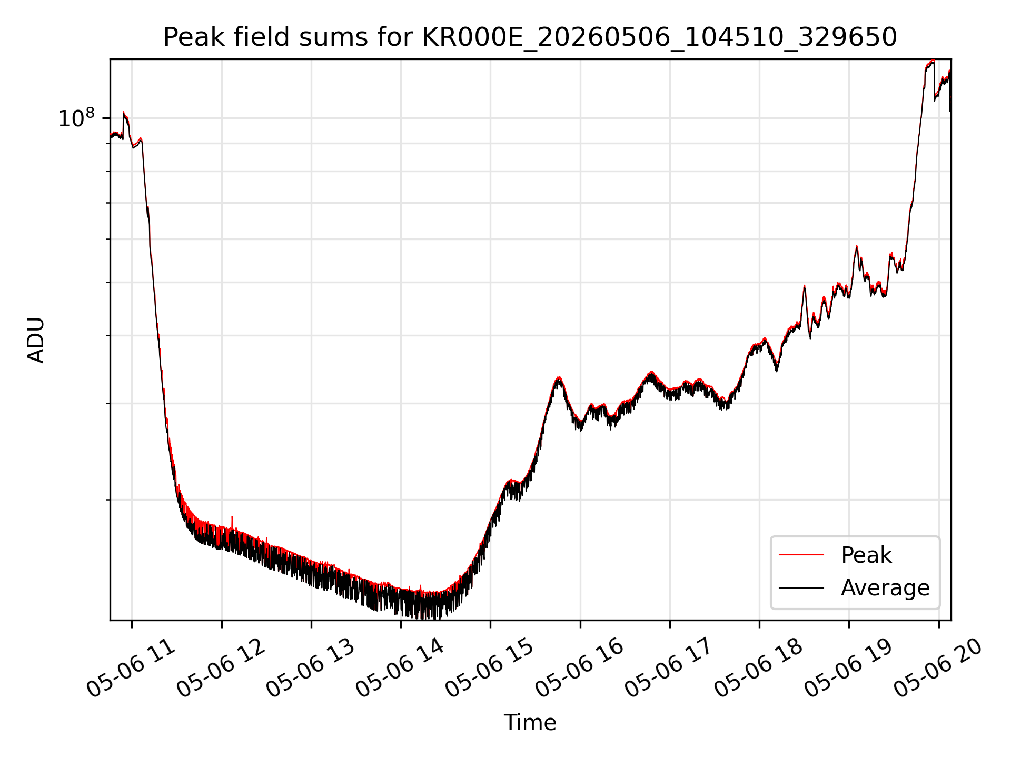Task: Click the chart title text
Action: point(530,37)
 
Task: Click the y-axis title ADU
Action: point(36,340)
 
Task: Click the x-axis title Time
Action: point(530,723)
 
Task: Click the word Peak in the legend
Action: point(866,555)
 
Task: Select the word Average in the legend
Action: point(885,588)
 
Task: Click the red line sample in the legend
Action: point(801,555)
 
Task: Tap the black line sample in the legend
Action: point(801,587)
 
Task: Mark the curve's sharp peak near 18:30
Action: point(805,286)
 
